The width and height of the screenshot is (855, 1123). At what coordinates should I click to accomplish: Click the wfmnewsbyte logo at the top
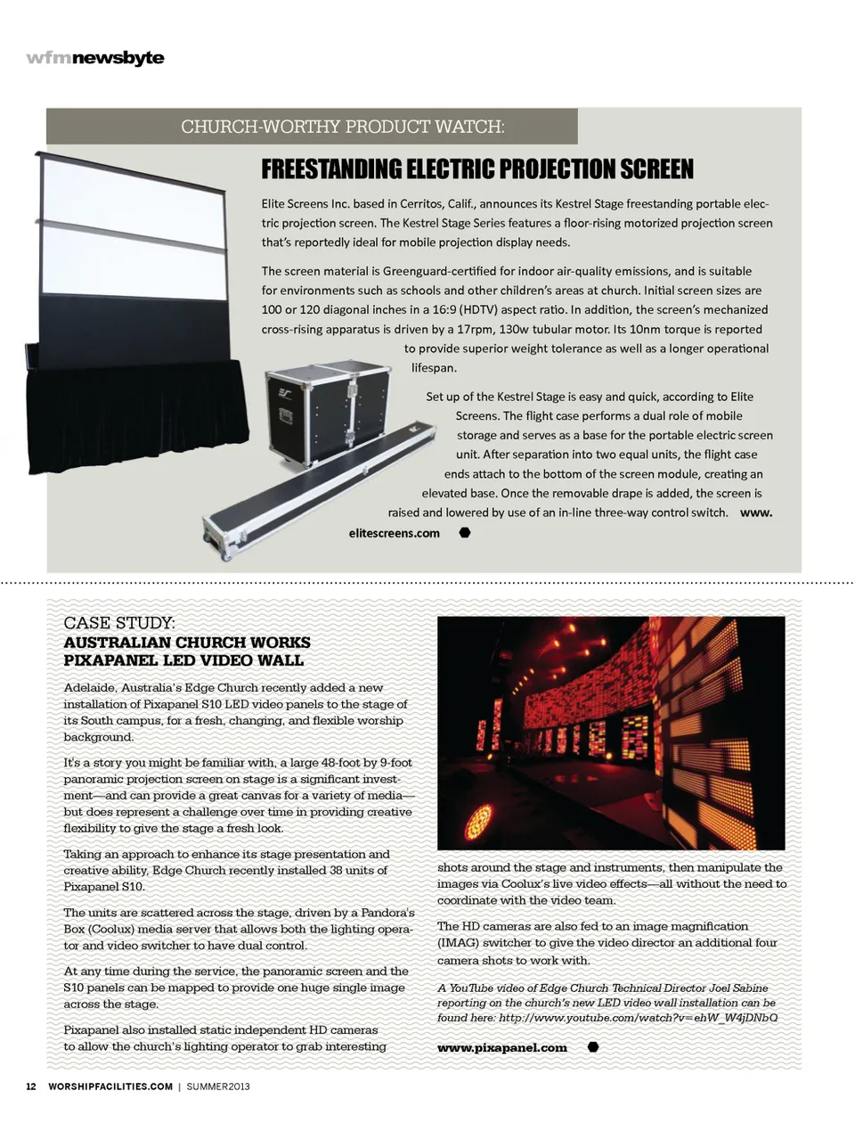[x=95, y=58]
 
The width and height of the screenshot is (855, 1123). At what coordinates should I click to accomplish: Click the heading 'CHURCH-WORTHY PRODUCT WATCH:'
[x=343, y=127]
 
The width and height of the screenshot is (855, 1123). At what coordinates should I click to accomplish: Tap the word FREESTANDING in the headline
[x=330, y=169]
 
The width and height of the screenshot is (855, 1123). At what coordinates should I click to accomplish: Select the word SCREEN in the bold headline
[x=657, y=169]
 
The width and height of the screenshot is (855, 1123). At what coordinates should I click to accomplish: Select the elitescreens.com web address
[x=395, y=533]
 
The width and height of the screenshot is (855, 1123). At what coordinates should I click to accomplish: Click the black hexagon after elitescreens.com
[x=465, y=533]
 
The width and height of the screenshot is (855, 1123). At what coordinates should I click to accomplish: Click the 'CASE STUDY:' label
[x=119, y=623]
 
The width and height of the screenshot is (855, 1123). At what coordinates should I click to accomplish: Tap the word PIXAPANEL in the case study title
[x=107, y=660]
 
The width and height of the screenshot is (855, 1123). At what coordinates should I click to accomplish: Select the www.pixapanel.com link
[x=501, y=1048]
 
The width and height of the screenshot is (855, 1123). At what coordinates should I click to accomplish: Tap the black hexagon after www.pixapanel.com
[x=593, y=1047]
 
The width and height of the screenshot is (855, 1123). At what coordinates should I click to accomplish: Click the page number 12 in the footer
[x=31, y=1086]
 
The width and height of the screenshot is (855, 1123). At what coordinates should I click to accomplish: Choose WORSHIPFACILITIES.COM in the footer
[x=110, y=1086]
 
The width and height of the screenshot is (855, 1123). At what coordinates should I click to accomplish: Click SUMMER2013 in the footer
[x=218, y=1086]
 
